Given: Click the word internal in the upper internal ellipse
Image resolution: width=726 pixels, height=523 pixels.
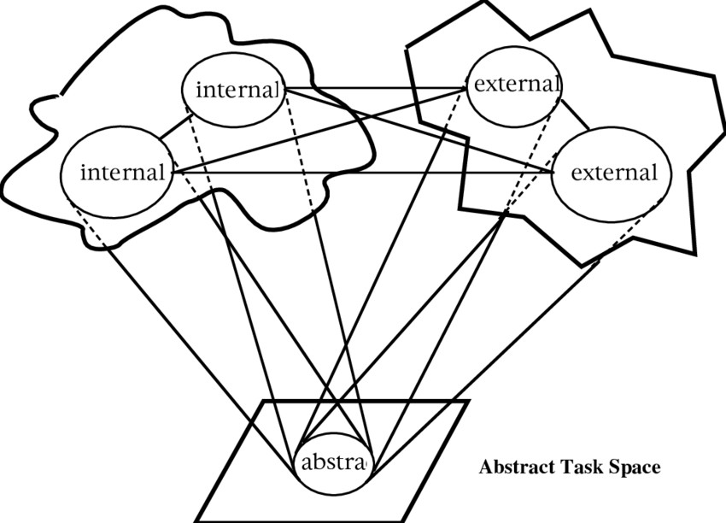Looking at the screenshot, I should (238, 89).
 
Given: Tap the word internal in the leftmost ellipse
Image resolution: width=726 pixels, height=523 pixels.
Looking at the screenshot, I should (121, 173).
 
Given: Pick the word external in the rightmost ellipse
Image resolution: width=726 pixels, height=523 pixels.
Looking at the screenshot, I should (614, 173).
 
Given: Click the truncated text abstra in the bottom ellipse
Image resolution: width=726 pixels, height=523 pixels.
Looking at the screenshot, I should (333, 463).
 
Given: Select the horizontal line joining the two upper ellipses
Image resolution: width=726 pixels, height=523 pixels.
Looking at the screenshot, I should (376, 87).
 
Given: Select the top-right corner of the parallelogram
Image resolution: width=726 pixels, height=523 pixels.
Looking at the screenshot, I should (468, 401).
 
